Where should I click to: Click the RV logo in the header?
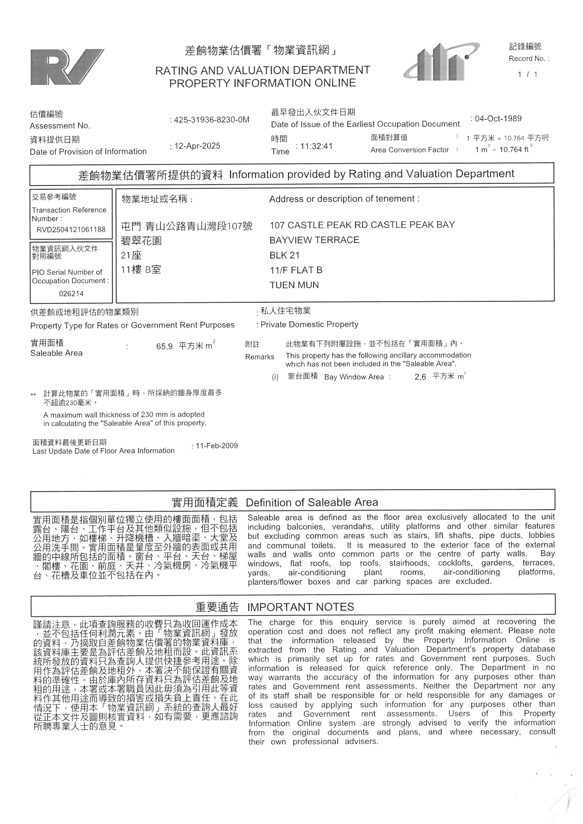67,67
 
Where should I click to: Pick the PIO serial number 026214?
71,293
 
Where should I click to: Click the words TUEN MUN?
294,285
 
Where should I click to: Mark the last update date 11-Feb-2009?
217,446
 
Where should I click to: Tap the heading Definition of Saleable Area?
312,502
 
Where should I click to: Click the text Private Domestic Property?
309,324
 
